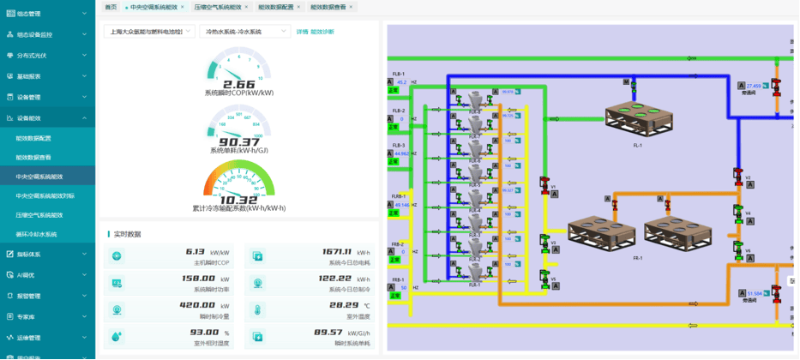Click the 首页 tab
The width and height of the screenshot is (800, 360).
110,6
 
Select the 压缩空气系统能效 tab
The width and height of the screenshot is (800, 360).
218,6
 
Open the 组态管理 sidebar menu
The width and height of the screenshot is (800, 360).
28,14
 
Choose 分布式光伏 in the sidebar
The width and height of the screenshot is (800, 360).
32,55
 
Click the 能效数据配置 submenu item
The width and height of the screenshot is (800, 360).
33,138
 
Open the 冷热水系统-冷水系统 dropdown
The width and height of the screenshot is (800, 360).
245,32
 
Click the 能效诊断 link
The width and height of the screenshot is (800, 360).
322,32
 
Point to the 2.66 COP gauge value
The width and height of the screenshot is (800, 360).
239,84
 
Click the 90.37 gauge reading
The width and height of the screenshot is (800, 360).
239,142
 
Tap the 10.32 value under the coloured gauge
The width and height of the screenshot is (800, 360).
239,200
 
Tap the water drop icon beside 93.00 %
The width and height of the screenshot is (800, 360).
117,336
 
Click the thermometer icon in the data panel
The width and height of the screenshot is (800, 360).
258,309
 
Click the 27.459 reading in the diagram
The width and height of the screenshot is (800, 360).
754,86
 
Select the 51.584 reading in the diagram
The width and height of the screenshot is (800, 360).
754,293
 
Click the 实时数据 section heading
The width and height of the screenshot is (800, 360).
127,234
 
